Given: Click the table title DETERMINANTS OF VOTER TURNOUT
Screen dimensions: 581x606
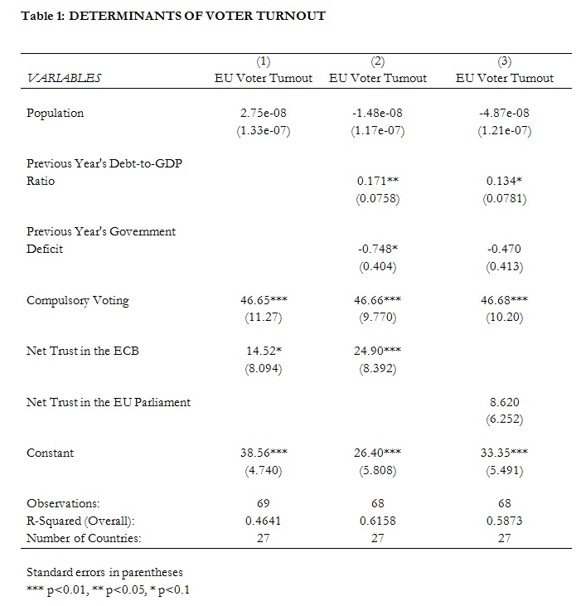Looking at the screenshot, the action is click(x=197, y=16).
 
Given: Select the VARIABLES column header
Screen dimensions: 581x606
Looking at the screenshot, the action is click(x=64, y=78).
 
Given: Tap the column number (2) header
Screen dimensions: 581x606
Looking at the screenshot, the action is click(x=378, y=61).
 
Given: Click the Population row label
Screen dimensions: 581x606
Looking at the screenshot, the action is click(x=56, y=114).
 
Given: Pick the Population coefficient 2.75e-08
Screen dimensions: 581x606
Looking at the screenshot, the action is click(x=264, y=113).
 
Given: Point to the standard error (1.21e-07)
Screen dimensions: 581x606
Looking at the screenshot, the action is click(x=505, y=131).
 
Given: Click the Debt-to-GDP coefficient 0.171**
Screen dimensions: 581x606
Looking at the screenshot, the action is click(x=378, y=181).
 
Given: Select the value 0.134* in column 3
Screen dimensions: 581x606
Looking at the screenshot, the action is click(x=505, y=181).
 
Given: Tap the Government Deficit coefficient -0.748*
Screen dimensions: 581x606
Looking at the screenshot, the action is click(x=378, y=249).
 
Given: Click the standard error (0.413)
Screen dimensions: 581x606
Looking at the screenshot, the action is click(x=505, y=267).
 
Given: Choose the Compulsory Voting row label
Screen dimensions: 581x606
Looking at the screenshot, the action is click(x=78, y=301).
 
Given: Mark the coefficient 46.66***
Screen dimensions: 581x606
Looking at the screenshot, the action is click(x=378, y=300).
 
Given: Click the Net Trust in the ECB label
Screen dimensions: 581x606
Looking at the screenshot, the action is click(x=83, y=351).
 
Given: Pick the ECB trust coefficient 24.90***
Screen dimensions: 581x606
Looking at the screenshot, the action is click(x=378, y=351).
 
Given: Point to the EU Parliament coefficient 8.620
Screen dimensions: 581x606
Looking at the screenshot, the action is click(x=505, y=402).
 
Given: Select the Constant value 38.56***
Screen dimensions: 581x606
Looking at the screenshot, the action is click(x=264, y=453).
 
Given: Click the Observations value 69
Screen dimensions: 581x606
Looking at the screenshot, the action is click(x=264, y=503).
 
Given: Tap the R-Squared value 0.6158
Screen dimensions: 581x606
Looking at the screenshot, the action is click(x=378, y=521).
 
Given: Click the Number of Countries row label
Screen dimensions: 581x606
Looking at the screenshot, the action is click(x=84, y=538).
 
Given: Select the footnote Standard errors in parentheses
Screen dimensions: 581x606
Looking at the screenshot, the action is click(x=104, y=572).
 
